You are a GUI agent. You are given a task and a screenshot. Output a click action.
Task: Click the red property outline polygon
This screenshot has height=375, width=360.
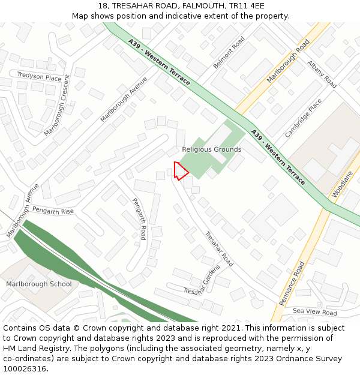pyautogui.click(x=181, y=171)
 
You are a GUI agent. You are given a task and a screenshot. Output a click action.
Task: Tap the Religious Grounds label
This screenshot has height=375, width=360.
pyautogui.click(x=211, y=149)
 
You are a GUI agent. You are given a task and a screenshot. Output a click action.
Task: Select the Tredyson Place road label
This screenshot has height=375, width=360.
pyautogui.click(x=39, y=77)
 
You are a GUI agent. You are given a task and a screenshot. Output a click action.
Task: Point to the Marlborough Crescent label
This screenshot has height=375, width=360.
pyautogui.click(x=58, y=106)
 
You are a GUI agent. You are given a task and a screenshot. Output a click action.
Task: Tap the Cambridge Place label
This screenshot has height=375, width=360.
pyautogui.click(x=303, y=118)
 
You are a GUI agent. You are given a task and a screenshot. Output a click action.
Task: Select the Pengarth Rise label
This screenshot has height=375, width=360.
pyautogui.click(x=53, y=211)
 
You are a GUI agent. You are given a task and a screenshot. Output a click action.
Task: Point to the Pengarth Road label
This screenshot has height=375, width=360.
pyautogui.click(x=139, y=219)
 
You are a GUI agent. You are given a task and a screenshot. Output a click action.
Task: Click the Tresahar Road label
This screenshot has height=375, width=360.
pyautogui.click(x=219, y=249)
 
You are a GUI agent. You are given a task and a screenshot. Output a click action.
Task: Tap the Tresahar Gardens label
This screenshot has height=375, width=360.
pyautogui.click(x=202, y=281)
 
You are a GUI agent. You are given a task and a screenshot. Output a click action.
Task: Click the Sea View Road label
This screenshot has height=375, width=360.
pyautogui.click(x=315, y=312)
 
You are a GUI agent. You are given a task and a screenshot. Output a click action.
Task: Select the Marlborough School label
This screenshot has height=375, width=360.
pyautogui.click(x=39, y=284)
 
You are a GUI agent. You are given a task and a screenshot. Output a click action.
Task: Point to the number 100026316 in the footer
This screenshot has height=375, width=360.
pyautogui.click(x=25, y=368)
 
